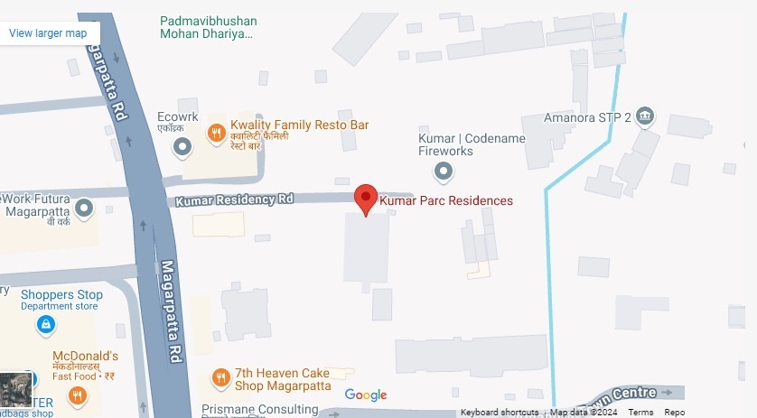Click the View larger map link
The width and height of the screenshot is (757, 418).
click(x=48, y=33)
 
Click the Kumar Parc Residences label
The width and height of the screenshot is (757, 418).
click(x=445, y=200)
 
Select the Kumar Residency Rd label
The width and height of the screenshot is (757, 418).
click(x=235, y=199)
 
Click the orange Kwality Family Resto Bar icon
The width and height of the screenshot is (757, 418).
click(x=216, y=134)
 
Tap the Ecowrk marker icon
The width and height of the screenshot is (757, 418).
click(x=182, y=145)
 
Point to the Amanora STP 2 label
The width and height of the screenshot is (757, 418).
click(x=587, y=117)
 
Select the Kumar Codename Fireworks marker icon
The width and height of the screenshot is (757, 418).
click(x=444, y=170)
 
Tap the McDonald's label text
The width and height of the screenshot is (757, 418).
click(x=86, y=356)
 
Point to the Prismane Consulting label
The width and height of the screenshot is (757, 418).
click(x=256, y=409)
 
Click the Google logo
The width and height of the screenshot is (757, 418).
click(x=366, y=395)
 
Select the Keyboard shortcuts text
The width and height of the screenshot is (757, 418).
click(x=500, y=413)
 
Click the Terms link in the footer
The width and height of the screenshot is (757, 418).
click(x=640, y=413)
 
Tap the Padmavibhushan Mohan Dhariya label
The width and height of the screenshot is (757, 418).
click(x=209, y=27)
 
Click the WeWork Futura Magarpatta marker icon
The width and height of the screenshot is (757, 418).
click(x=84, y=209)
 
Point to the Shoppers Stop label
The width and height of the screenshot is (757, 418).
click(x=61, y=295)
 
